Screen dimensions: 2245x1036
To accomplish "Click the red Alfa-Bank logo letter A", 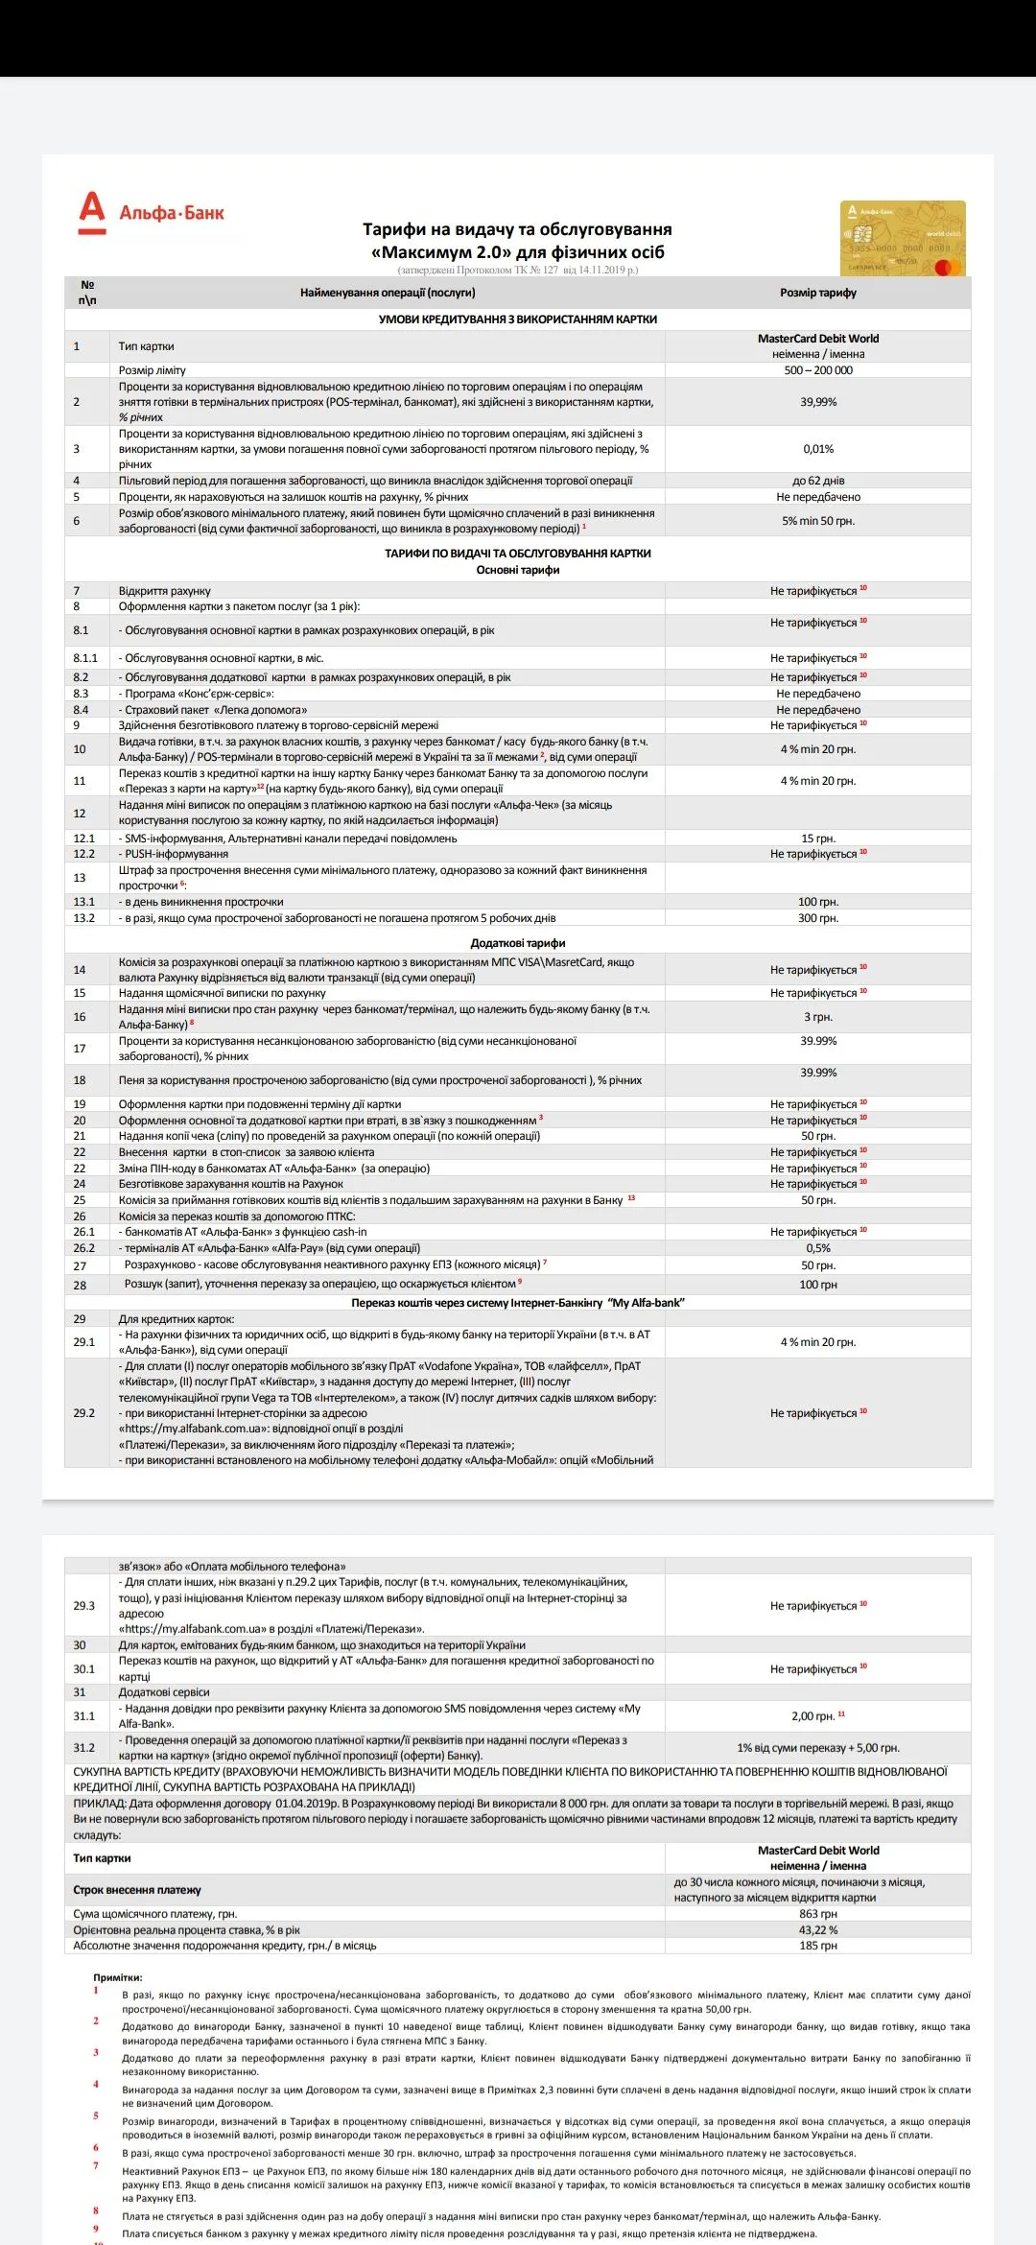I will pos(92,212).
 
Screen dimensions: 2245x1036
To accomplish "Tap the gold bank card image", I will pos(903,238).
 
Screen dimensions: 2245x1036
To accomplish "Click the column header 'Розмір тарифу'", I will pos(817,293).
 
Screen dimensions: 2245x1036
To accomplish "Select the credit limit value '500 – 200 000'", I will pos(817,370).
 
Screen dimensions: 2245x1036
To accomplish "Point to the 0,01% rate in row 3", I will pos(817,449).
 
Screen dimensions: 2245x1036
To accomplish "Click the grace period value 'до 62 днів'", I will pos(817,481).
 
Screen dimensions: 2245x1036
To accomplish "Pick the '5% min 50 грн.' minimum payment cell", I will pos(817,521).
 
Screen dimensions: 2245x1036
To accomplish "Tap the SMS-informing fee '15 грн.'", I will pos(817,839).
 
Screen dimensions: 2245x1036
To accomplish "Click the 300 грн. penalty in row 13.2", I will pos(817,918).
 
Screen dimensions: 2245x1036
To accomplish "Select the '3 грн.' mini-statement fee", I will pos(817,1017).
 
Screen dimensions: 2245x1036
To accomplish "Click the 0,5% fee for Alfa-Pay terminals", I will pos(817,1248).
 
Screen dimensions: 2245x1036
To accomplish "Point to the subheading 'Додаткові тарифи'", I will pos(518,943).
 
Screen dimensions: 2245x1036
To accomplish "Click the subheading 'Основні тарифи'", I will pos(518,570).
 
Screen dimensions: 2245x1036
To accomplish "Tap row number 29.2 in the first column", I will pos(84,1413).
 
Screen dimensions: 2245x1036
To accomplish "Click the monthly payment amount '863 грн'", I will pos(817,1914).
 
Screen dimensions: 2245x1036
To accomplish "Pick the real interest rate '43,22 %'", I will pos(817,1930).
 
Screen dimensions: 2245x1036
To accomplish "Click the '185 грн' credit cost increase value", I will pos(817,1946).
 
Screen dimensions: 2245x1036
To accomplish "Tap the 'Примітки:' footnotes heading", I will pos(117,1977).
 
